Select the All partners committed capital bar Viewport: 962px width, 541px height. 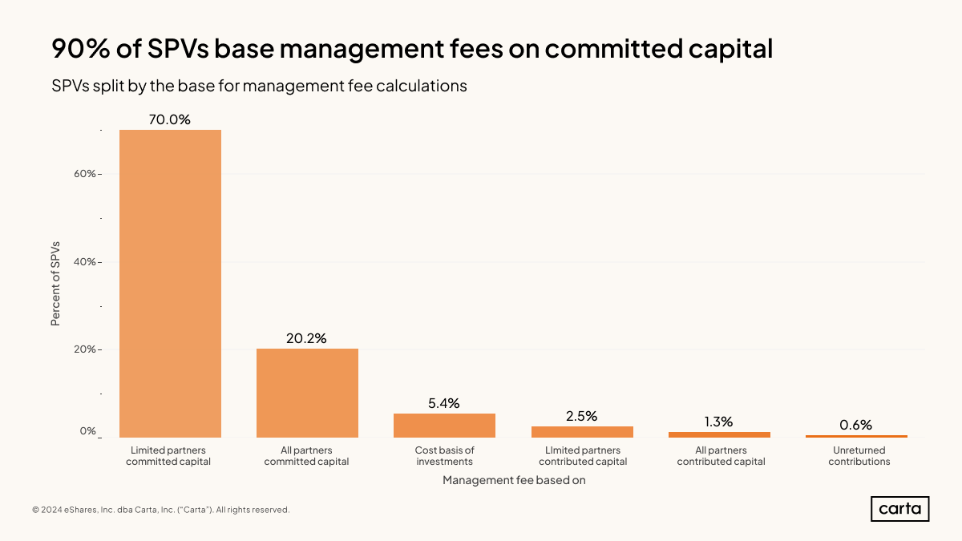click(307, 393)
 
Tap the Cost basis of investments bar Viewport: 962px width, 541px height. click(444, 426)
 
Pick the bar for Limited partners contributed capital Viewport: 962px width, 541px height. click(582, 432)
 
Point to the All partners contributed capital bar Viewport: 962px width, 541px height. click(719, 434)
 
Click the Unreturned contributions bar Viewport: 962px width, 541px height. click(856, 436)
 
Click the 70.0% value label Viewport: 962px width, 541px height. click(170, 119)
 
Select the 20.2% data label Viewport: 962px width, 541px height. click(307, 338)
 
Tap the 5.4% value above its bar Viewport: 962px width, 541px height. click(444, 403)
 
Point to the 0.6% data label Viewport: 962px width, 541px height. click(856, 425)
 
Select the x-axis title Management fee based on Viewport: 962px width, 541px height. click(514, 480)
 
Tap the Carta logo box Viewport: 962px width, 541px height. click(899, 509)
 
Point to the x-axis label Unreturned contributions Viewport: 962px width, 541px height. click(859, 456)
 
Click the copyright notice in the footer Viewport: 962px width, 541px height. click(160, 510)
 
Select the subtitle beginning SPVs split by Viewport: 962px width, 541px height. click(259, 86)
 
